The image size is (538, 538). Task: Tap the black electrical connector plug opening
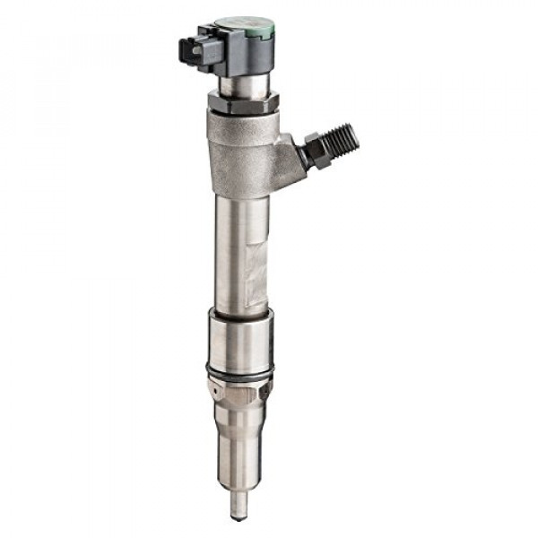click(x=191, y=50)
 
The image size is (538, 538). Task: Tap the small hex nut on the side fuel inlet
click(x=317, y=151)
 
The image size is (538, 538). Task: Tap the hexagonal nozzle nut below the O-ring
click(x=239, y=390)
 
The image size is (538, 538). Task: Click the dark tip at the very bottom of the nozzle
click(x=238, y=516)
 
